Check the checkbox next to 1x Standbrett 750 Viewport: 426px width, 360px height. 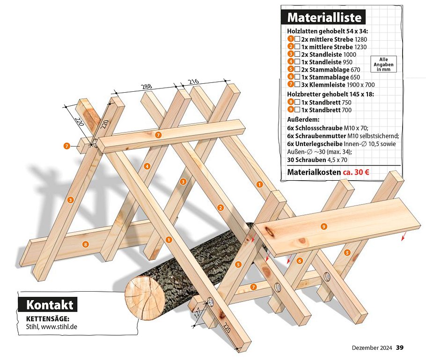[297, 102]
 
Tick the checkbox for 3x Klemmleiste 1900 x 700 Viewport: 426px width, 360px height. [297, 85]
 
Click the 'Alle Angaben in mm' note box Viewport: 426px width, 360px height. [383, 64]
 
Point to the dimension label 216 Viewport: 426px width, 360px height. [193, 82]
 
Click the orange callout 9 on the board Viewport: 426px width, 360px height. [323, 227]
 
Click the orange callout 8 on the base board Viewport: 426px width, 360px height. [85, 244]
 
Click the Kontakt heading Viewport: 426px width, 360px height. [50, 305]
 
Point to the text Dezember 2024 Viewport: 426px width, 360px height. [372, 347]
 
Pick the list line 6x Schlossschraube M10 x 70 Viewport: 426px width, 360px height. [328, 128]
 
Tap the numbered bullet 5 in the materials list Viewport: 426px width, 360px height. [291, 69]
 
